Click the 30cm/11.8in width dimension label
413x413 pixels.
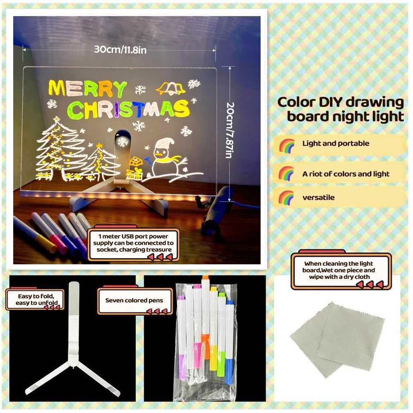pos(120,50)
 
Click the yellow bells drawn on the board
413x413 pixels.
pos(171,88)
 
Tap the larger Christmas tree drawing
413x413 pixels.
pos(59,149)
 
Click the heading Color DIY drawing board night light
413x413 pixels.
pos(340,109)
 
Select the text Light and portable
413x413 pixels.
pos(335,144)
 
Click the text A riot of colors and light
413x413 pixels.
pos(346,174)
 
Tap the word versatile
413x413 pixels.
pos(318,197)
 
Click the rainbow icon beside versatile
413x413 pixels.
pos(286,197)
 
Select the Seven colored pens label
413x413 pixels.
pos(134,300)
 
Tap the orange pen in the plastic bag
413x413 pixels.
pos(205,314)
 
